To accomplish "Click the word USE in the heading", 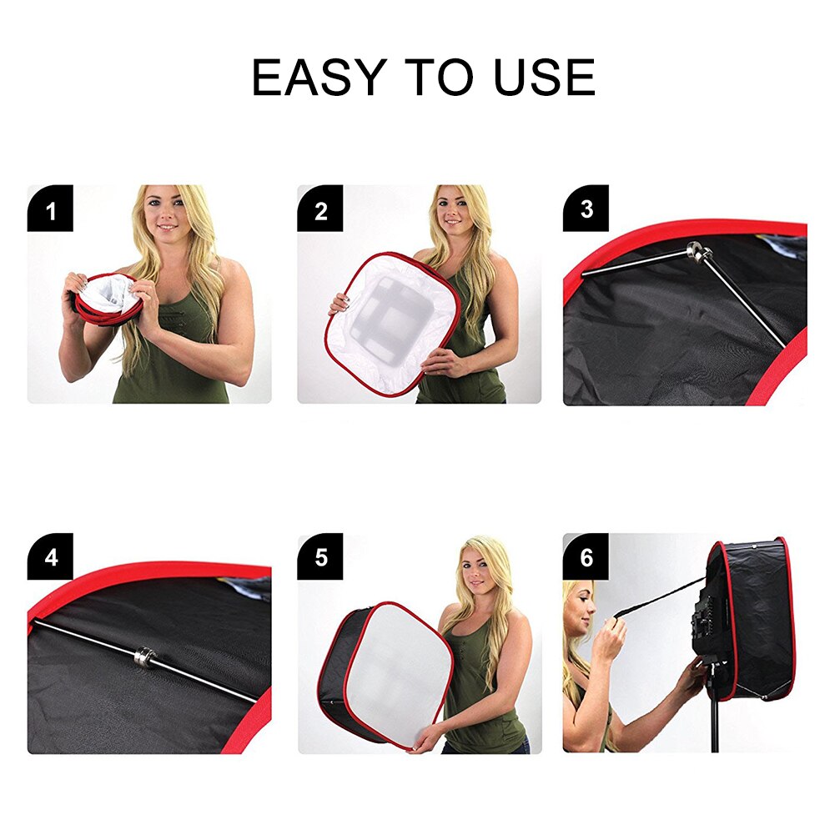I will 544,78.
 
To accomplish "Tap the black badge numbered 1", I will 50,209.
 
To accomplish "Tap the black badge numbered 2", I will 320,209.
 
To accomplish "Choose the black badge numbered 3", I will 586,209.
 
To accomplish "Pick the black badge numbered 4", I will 50,556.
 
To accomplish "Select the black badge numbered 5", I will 320,556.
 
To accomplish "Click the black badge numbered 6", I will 586,556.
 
